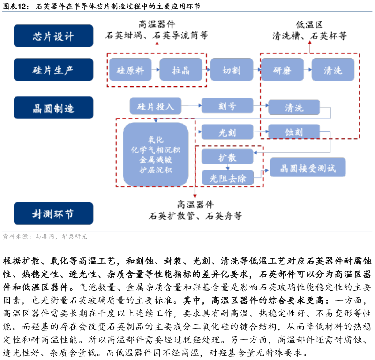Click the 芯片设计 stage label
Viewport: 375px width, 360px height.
pyautogui.click(x=53, y=36)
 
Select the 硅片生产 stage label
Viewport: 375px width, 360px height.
pyautogui.click(x=53, y=70)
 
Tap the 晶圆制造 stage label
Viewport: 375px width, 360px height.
pyautogui.click(x=53, y=108)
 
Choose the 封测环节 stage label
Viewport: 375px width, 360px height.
pyautogui.click(x=53, y=213)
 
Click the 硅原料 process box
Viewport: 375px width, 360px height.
pyautogui.click(x=130, y=70)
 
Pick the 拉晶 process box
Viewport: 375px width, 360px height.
pyautogui.click(x=181, y=70)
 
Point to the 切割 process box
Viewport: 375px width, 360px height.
pyautogui.click(x=232, y=70)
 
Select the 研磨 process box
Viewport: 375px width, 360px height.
pyautogui.click(x=282, y=70)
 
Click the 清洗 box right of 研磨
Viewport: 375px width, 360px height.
pyautogui.click(x=333, y=70)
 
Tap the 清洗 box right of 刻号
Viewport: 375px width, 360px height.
pyautogui.click(x=294, y=107)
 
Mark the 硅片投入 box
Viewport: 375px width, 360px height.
pyautogui.click(x=155, y=106)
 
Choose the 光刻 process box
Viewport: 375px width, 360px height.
pyautogui.click(x=227, y=132)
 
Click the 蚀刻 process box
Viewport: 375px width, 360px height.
pyautogui.click(x=294, y=132)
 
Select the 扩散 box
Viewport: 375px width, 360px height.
pyautogui.click(x=227, y=157)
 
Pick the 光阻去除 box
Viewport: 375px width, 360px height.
pyautogui.click(x=227, y=178)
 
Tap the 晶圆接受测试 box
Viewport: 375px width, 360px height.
pyautogui.click(x=307, y=168)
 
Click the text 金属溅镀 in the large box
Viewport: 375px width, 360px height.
pyautogui.click(x=156, y=160)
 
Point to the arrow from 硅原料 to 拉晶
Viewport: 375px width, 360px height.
pyautogui.click(x=156, y=70)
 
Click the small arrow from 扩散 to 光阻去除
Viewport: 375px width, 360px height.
pyautogui.click(x=228, y=167)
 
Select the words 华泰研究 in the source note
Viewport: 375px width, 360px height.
pyautogui.click(x=75, y=237)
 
